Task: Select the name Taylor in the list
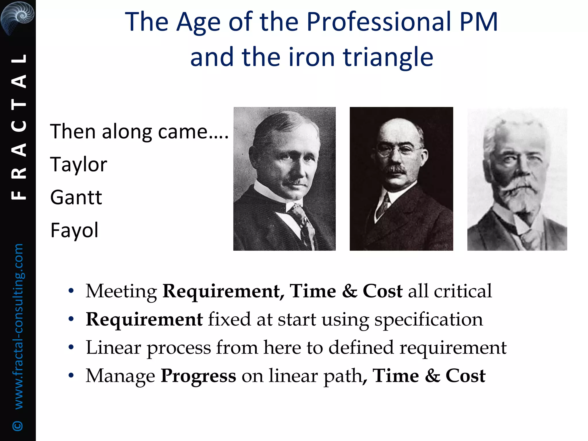78,165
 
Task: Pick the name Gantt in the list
76,198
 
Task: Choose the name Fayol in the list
74,230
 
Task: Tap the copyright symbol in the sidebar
18,425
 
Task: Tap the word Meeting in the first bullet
121,291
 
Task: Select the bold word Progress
198,376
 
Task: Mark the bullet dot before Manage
71,376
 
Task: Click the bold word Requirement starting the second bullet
144,319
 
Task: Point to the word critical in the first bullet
463,291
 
